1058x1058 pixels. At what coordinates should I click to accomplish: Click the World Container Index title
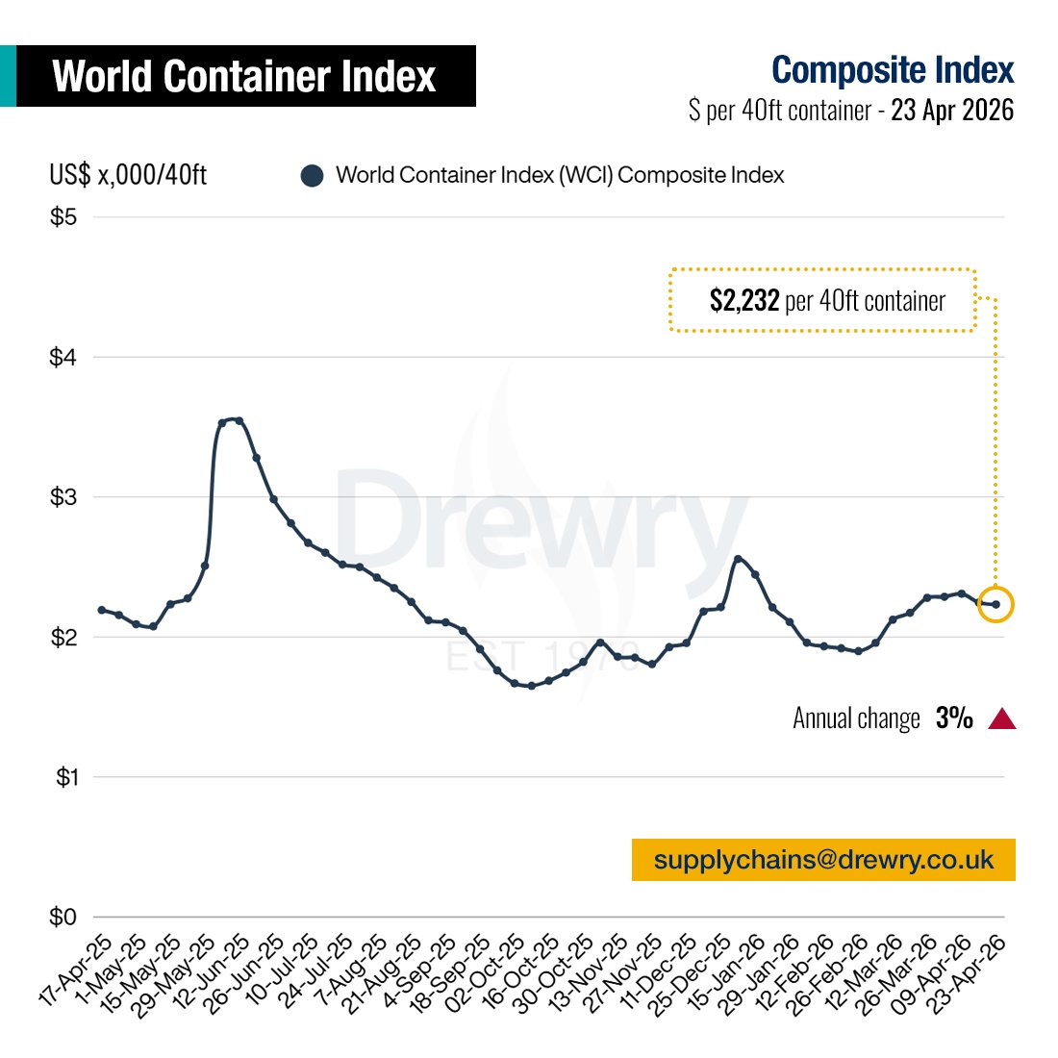(x=244, y=76)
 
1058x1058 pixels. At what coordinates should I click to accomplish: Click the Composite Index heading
(x=892, y=70)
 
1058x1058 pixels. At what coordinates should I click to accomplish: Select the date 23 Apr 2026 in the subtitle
(x=951, y=111)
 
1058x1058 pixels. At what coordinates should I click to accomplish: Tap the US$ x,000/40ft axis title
(x=128, y=175)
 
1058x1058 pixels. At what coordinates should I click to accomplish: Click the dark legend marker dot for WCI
(x=312, y=176)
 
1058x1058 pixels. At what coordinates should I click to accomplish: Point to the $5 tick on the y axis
(x=63, y=217)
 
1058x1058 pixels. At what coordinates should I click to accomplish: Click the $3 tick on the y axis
(x=63, y=497)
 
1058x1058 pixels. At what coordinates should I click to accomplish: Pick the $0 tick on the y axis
(x=63, y=918)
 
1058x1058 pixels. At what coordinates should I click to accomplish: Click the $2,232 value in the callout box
(x=743, y=301)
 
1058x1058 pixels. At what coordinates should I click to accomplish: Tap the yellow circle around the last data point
(x=995, y=604)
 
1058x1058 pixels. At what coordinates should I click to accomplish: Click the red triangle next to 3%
(x=1002, y=718)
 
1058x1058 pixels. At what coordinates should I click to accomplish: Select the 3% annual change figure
(x=954, y=718)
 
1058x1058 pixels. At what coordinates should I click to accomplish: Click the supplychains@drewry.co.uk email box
(x=823, y=860)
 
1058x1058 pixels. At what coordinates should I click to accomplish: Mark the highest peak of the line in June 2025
(x=238, y=419)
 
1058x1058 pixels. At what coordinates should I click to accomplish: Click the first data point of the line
(x=102, y=610)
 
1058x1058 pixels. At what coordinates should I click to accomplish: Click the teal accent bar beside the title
(x=8, y=76)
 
